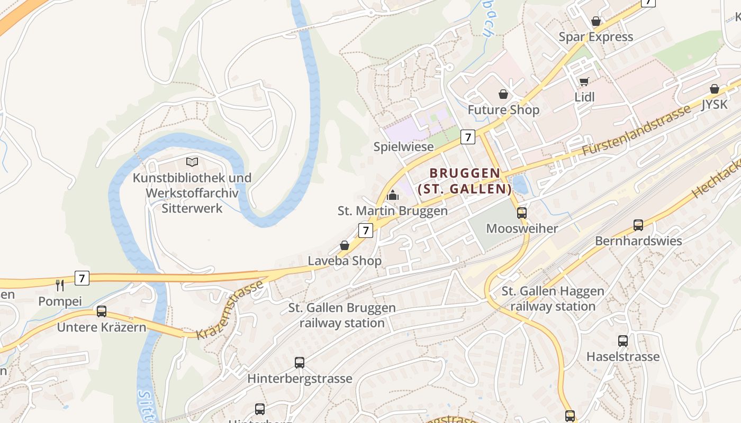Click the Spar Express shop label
(x=596, y=37)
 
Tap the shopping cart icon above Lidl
(x=584, y=81)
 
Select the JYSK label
(x=715, y=104)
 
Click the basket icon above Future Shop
(x=503, y=94)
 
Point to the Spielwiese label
(x=403, y=146)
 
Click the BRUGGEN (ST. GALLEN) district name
(x=465, y=181)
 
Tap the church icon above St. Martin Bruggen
(x=392, y=195)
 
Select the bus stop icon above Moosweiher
(x=522, y=213)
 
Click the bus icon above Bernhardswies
(x=638, y=225)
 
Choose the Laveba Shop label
(x=345, y=261)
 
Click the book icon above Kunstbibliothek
(x=192, y=162)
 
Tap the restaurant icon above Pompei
(x=60, y=286)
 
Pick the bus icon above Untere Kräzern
(x=101, y=311)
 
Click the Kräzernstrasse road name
(x=230, y=310)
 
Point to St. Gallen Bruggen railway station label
(x=342, y=315)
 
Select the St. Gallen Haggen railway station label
(x=553, y=299)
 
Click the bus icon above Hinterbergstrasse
(x=300, y=363)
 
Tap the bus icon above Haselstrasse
(x=623, y=341)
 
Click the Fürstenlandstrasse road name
(x=636, y=130)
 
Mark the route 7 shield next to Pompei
(x=82, y=278)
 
